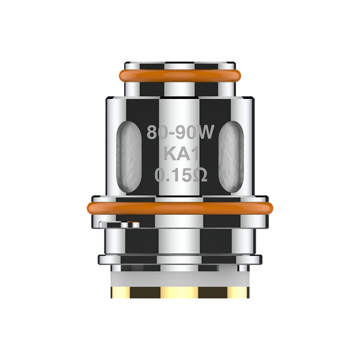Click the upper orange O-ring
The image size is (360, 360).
(x=179, y=76)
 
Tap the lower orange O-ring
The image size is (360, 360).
(x=179, y=208)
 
